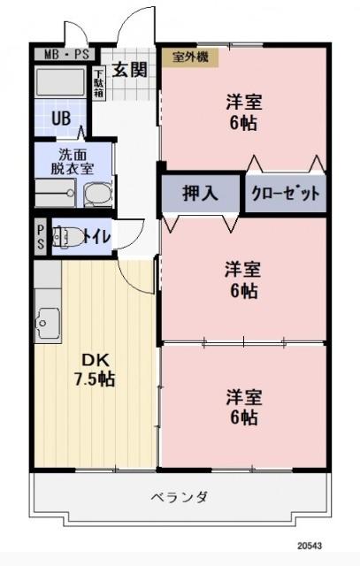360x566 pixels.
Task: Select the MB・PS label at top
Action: [x=63, y=54]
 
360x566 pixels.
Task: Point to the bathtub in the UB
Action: [x=60, y=83]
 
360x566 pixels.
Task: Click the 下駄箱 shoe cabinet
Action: [x=99, y=82]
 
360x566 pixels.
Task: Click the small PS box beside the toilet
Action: [x=41, y=236]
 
